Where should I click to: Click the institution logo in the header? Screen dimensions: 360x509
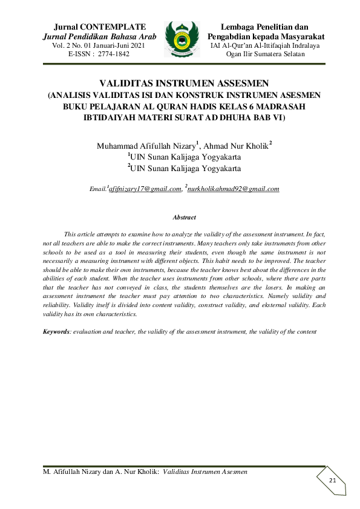[x=182, y=39]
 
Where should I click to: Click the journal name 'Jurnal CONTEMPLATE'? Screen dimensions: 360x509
[x=100, y=27]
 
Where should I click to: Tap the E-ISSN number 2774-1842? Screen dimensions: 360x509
[x=113, y=54]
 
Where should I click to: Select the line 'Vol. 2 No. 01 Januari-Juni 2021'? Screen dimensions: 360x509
[x=100, y=46]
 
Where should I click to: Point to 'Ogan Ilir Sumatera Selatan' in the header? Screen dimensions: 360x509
[x=265, y=54]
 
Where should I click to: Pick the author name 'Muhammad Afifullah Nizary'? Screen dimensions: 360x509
[x=146, y=146]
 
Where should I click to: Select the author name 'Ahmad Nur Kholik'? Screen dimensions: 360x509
[x=235, y=146]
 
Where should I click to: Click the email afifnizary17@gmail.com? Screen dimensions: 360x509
[x=145, y=189]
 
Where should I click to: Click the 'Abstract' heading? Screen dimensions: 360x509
[x=184, y=217]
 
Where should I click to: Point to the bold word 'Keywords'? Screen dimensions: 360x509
[x=56, y=332]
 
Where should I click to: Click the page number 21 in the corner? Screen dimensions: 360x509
[x=332, y=480]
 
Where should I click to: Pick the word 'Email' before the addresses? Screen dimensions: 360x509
[x=97, y=189]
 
